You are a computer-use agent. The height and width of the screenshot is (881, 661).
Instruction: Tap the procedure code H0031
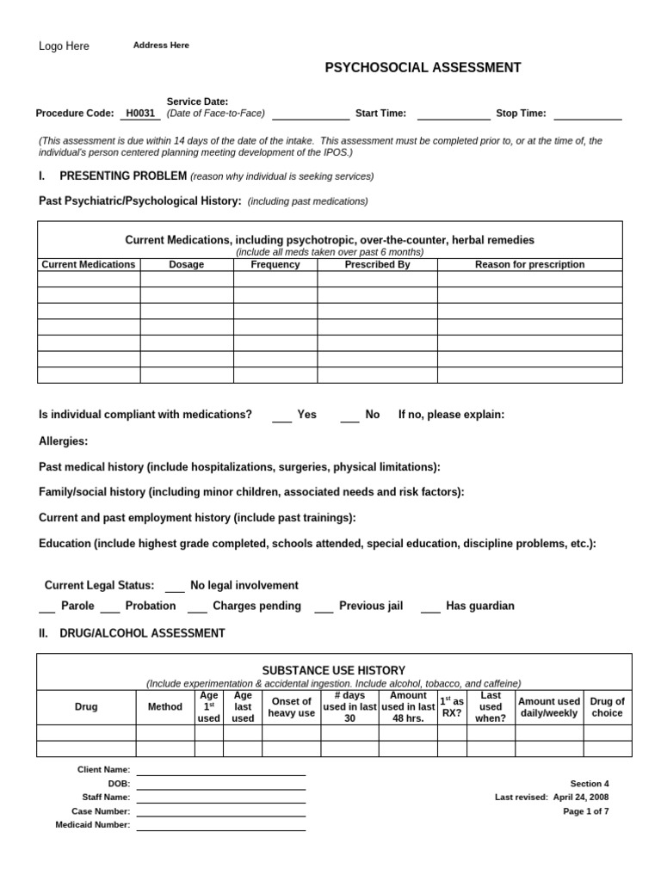[140, 114]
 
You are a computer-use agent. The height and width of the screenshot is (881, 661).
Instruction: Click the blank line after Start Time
[454, 117]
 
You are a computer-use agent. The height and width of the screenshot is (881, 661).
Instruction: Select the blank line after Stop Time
[587, 117]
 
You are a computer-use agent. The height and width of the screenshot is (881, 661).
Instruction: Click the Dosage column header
[187, 265]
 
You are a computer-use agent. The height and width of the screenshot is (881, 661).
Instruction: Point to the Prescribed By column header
[377, 265]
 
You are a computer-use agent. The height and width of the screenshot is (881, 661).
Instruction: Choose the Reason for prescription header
[529, 265]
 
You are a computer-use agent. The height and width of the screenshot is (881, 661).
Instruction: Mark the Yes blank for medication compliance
[282, 419]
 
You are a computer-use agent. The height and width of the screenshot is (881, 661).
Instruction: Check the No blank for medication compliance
[349, 419]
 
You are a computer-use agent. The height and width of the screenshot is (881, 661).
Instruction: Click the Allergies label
[64, 441]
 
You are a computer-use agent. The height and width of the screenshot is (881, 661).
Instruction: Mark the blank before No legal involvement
[175, 590]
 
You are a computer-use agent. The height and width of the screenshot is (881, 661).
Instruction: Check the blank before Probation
[110, 610]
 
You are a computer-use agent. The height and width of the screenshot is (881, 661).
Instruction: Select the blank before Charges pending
[197, 610]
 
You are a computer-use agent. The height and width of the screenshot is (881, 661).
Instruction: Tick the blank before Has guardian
[430, 610]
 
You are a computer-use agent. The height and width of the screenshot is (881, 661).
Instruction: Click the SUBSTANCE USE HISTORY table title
[333, 670]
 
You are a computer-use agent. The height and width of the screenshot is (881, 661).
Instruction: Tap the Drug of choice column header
[607, 707]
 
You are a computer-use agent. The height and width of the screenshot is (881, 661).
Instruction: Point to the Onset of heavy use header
[291, 707]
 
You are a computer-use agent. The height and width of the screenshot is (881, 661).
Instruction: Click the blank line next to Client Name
[220, 773]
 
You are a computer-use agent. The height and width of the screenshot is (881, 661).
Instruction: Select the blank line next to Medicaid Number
[220, 829]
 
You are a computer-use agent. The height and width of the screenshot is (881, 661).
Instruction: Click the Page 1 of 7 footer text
[585, 811]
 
